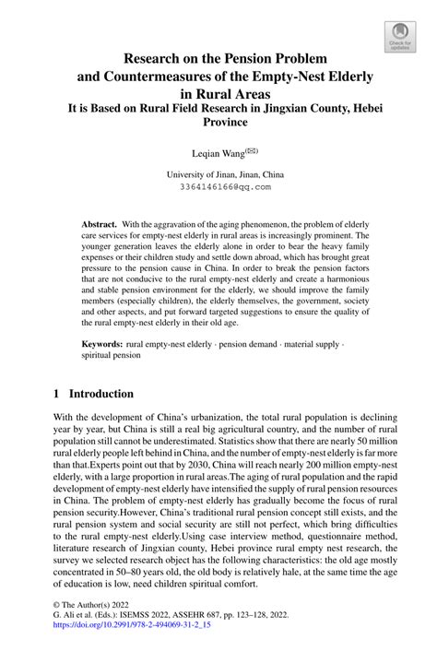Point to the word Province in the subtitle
(218, 121)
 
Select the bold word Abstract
(99, 225)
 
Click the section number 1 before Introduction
(57, 393)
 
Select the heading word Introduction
(108, 393)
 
